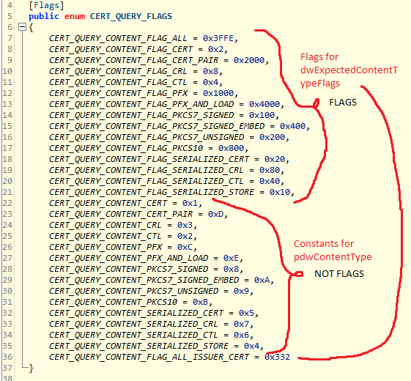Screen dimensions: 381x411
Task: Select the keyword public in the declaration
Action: pos(42,15)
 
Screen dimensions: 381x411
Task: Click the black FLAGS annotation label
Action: pos(343,103)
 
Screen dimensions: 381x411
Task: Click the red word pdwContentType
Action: pos(333,256)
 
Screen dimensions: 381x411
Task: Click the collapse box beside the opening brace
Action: pos(21,26)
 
